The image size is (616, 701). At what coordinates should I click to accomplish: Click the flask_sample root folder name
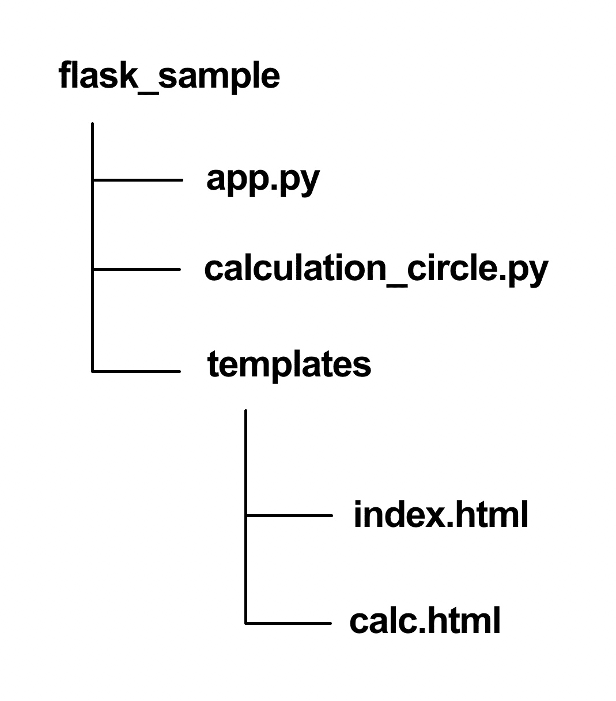coord(169,76)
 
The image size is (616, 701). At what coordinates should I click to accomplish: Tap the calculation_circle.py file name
coord(376,269)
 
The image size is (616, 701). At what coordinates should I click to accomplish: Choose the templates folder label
coord(289,364)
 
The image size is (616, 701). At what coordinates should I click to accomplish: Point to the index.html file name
coord(441,514)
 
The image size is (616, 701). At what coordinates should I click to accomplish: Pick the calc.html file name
coord(425,621)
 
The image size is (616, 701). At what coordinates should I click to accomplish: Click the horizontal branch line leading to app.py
coord(137,180)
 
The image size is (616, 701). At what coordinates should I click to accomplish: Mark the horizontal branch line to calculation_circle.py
coord(137,269)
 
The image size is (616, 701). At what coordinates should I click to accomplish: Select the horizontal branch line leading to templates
coord(137,371)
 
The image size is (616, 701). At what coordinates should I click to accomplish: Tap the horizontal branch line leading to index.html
coord(289,515)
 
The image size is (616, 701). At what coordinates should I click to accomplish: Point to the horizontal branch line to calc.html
coord(289,623)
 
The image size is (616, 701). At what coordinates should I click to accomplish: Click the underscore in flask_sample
coord(148,88)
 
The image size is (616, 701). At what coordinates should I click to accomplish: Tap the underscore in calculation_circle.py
coord(395,281)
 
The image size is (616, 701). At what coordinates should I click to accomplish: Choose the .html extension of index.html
coord(487,514)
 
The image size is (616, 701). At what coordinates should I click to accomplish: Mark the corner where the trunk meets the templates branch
coord(93,371)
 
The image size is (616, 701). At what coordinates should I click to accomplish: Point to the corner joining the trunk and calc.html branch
coord(246,623)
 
